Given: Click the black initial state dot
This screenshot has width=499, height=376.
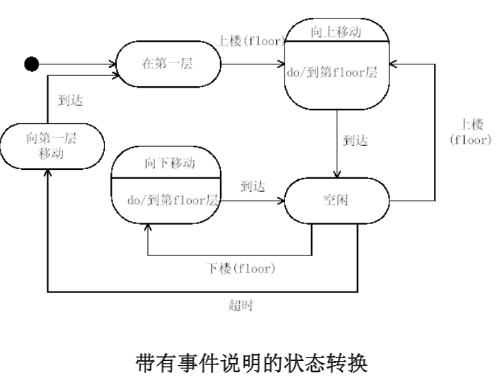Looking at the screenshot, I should point(31,64).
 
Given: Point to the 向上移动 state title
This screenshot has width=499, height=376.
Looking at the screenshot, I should point(337,31).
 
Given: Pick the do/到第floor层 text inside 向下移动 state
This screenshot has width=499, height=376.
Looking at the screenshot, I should point(172,201).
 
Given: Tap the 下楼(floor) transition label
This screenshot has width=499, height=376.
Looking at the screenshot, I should point(241,268).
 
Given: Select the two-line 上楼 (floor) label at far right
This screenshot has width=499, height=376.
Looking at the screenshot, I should point(470,131).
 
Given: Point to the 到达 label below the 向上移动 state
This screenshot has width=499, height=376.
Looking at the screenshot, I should point(355,140).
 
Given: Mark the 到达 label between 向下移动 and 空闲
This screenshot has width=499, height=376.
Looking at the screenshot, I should point(253,186).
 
